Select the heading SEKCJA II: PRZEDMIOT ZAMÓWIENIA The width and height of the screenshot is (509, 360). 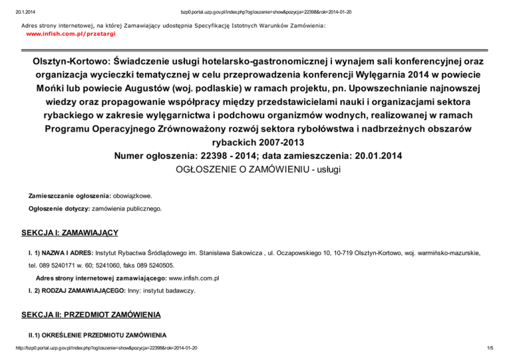pos(90,313)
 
